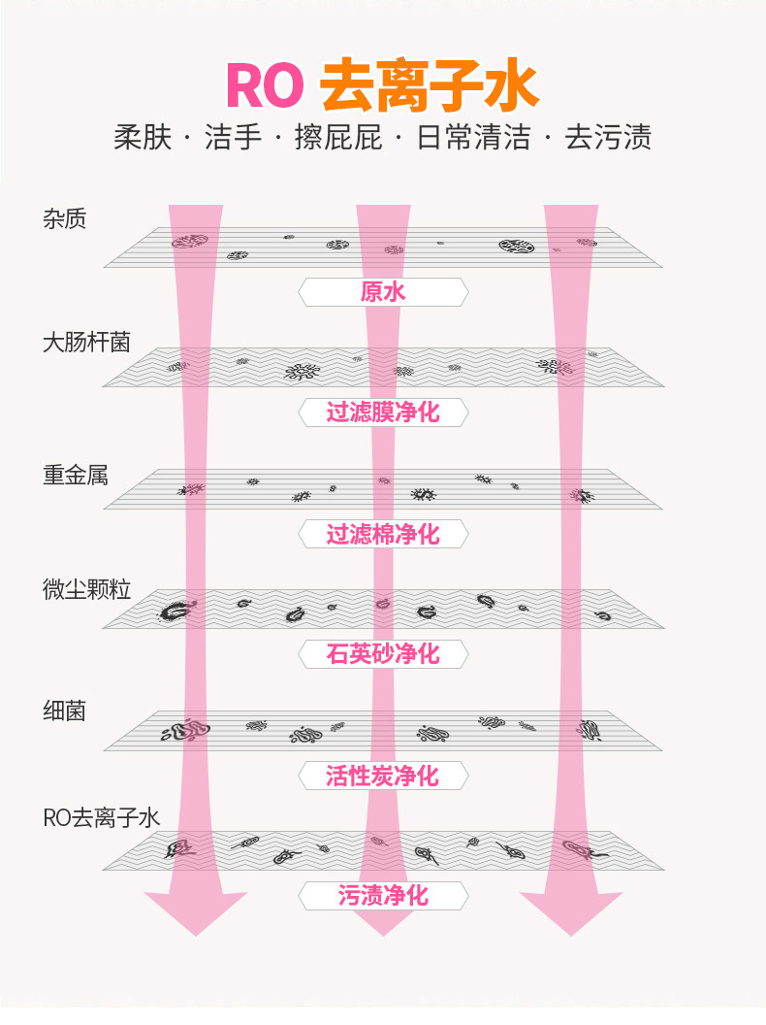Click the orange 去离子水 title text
tap(429, 85)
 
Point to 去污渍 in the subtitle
tap(609, 138)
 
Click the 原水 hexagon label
tap(383, 292)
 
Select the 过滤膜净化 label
tap(383, 413)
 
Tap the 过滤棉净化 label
tap(383, 534)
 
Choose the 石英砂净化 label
tap(383, 654)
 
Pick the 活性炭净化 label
tap(383, 776)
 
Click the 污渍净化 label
tap(383, 896)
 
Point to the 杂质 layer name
tap(64, 219)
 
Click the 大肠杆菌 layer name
tap(86, 343)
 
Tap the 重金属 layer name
tap(75, 476)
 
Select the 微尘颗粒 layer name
tap(86, 590)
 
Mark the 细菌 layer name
tap(64, 711)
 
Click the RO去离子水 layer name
tap(101, 818)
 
